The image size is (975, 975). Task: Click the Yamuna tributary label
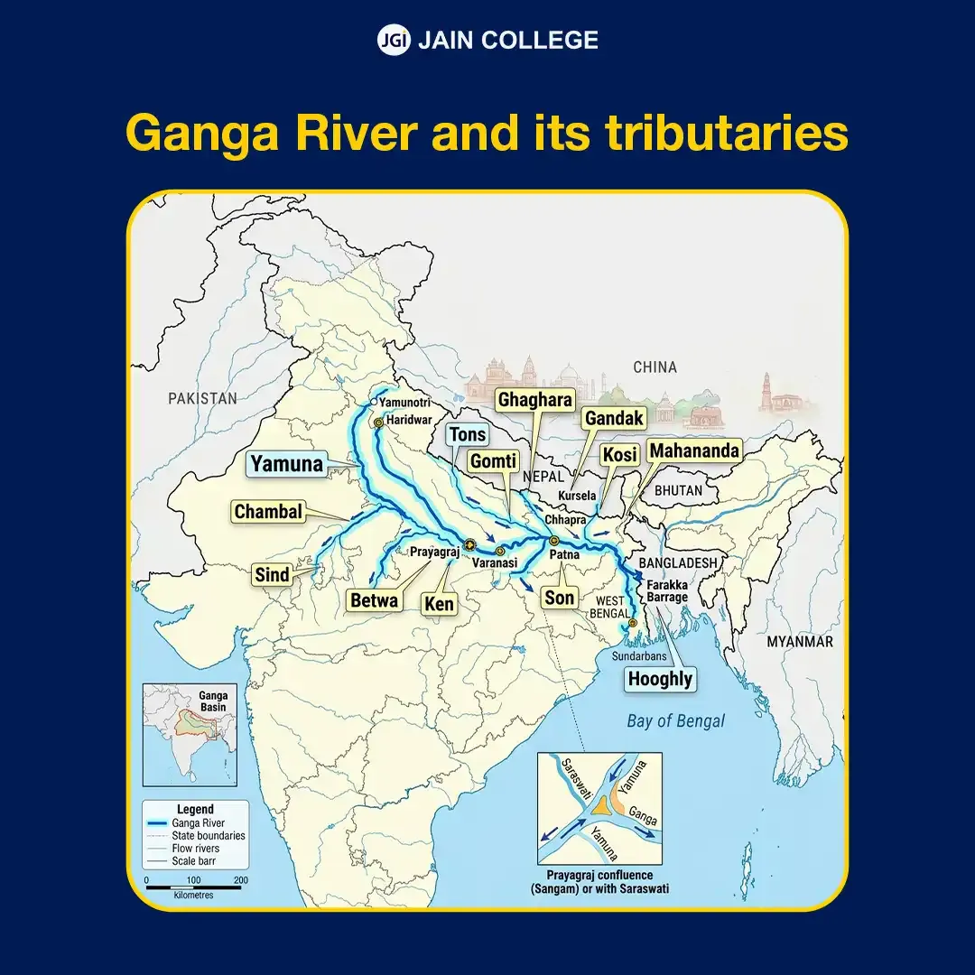point(286,464)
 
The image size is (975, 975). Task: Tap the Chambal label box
point(267,512)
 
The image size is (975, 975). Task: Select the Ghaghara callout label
point(535,400)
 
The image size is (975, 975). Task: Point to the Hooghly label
point(660,679)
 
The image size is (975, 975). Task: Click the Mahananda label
point(694,450)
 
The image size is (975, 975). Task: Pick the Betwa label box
point(374,599)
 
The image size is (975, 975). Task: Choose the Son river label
point(559,598)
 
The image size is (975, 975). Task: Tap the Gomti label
point(493,461)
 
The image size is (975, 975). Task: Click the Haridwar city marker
point(379,422)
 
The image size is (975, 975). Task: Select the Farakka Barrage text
point(667,591)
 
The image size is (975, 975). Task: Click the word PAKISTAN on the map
point(202,398)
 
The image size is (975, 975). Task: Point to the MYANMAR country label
point(799,641)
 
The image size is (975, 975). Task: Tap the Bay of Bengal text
point(675,720)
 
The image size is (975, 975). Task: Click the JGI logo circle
point(394,40)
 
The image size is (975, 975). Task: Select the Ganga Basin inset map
point(190,736)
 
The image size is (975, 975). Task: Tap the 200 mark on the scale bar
point(239,879)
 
